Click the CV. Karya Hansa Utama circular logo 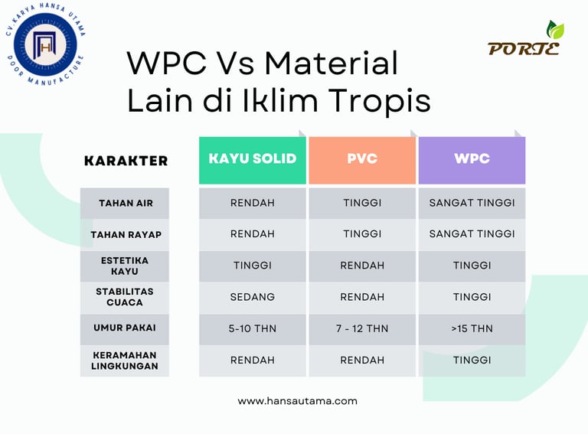45,44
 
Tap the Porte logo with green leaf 525,38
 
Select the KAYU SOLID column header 253,160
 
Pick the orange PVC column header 362,160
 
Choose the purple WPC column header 472,160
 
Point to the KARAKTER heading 126,161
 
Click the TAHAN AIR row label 126,203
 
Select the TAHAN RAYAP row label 126,235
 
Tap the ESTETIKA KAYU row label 125,266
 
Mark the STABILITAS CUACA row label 125,297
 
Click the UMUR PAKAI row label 125,328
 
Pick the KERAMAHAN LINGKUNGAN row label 125,361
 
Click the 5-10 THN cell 253,328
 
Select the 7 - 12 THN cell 362,328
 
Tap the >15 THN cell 472,328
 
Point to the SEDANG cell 253,297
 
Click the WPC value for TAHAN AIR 472,203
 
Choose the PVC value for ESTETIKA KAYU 362,266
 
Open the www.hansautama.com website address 297,401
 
